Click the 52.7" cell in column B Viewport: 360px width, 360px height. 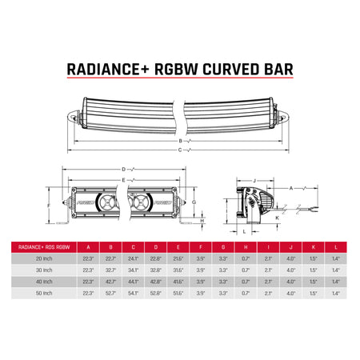click(111, 294)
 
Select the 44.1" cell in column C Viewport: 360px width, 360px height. click(134, 282)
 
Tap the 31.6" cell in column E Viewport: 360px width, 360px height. click(178, 271)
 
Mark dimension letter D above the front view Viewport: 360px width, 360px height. click(123, 170)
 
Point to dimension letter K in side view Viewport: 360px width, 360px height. click(277, 217)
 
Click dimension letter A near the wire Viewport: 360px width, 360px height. click(291, 186)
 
